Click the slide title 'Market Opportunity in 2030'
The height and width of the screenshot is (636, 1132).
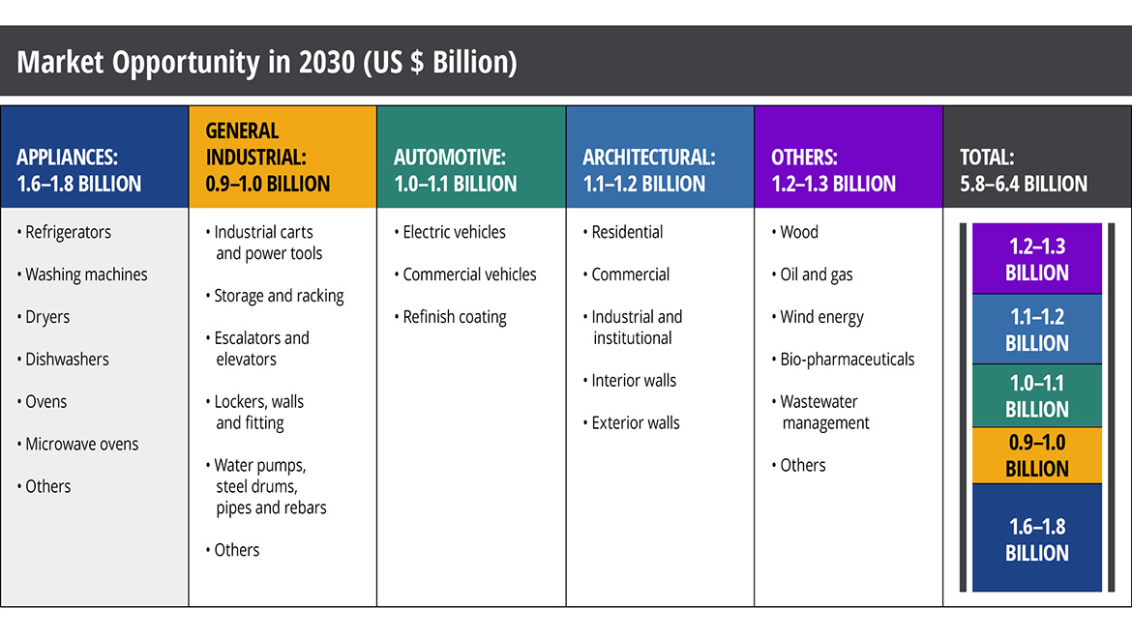266,63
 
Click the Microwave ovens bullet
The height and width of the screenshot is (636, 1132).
81,445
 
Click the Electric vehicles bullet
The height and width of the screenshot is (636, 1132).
454,232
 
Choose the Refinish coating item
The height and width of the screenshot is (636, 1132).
454,317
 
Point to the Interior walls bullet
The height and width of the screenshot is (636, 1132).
634,381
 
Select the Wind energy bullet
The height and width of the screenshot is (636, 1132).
821,317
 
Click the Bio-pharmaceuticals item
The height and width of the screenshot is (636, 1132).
847,360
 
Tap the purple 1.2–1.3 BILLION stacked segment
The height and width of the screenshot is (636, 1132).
1036,258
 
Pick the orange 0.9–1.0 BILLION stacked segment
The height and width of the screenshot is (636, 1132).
1036,455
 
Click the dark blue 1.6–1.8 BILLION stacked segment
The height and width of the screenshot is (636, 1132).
1036,538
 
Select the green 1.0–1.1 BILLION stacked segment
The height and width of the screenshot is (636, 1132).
1036,395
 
